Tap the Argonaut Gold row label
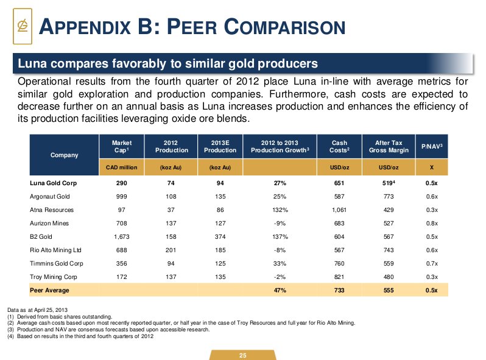48,196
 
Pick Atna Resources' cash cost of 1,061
339,210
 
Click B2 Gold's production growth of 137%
280,236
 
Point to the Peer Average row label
49,290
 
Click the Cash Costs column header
339,146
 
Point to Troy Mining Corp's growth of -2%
280,277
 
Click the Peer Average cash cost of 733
339,290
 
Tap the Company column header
64,155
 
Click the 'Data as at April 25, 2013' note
37,310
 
